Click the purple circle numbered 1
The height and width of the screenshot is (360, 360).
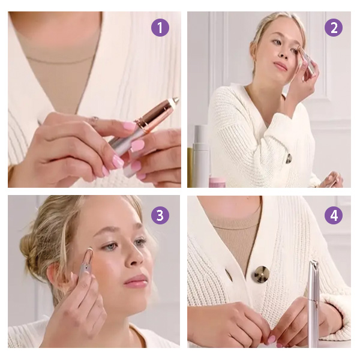(160, 28)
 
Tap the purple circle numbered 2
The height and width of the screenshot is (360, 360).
(334, 28)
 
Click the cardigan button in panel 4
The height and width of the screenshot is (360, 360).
(261, 274)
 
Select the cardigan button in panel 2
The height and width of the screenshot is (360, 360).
(289, 158)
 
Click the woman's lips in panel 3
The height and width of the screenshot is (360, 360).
(136, 280)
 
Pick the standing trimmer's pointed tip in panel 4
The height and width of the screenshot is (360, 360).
(313, 264)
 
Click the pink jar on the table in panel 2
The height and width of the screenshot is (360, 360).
(217, 182)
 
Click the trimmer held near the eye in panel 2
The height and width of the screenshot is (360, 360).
(307, 61)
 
